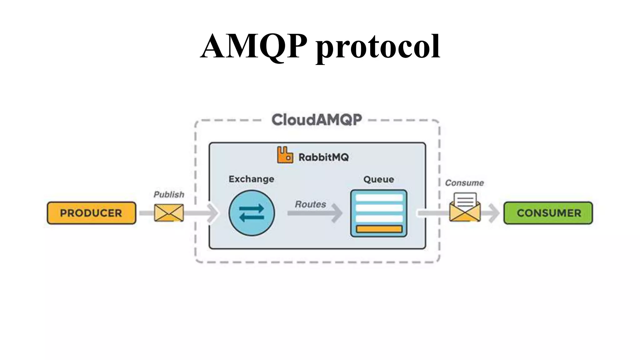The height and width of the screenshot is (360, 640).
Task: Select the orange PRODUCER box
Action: tap(91, 213)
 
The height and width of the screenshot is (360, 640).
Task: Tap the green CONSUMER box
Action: tap(548, 213)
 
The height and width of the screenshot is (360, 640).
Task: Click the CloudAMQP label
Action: tap(317, 120)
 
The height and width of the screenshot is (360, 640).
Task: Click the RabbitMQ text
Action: tap(323, 157)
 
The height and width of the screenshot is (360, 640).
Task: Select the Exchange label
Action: tap(251, 179)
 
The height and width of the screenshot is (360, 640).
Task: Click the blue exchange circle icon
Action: tap(252, 213)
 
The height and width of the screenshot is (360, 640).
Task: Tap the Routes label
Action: tap(310, 204)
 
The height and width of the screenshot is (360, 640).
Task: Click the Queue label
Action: tap(378, 179)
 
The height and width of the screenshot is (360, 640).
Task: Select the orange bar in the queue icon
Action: tap(379, 229)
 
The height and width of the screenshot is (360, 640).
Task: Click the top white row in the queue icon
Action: tap(379, 198)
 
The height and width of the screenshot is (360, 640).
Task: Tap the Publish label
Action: tap(169, 195)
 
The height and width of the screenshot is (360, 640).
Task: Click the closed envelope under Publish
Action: tap(169, 213)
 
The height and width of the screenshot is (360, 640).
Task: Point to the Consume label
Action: tap(464, 183)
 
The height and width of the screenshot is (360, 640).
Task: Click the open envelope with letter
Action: tap(465, 208)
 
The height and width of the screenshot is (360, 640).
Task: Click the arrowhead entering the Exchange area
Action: tap(213, 213)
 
